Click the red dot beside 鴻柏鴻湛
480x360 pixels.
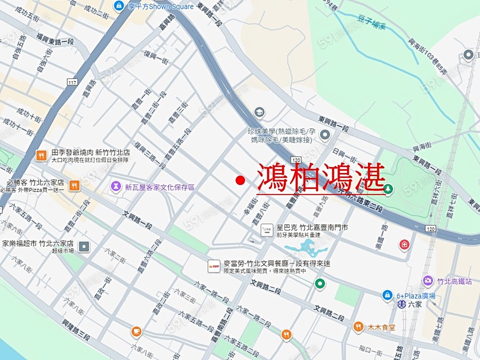coord(240,181)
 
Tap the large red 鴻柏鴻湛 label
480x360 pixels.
coord(321,178)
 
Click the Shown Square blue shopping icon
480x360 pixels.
coord(119,6)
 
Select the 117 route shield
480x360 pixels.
coord(73,82)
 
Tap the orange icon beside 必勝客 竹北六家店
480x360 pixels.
coord(74,185)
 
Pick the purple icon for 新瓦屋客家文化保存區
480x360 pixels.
coord(115,187)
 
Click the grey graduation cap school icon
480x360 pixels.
coord(259,112)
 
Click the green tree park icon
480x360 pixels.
coord(389,188)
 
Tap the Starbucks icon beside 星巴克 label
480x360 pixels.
coord(267,230)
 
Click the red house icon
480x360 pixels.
coord(405,244)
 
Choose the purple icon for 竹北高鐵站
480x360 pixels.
coord(428,281)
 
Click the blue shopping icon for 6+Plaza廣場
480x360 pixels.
coord(388,295)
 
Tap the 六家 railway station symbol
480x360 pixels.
coord(401,305)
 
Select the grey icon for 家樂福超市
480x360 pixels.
coord(84,246)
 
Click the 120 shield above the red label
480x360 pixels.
coord(297,160)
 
